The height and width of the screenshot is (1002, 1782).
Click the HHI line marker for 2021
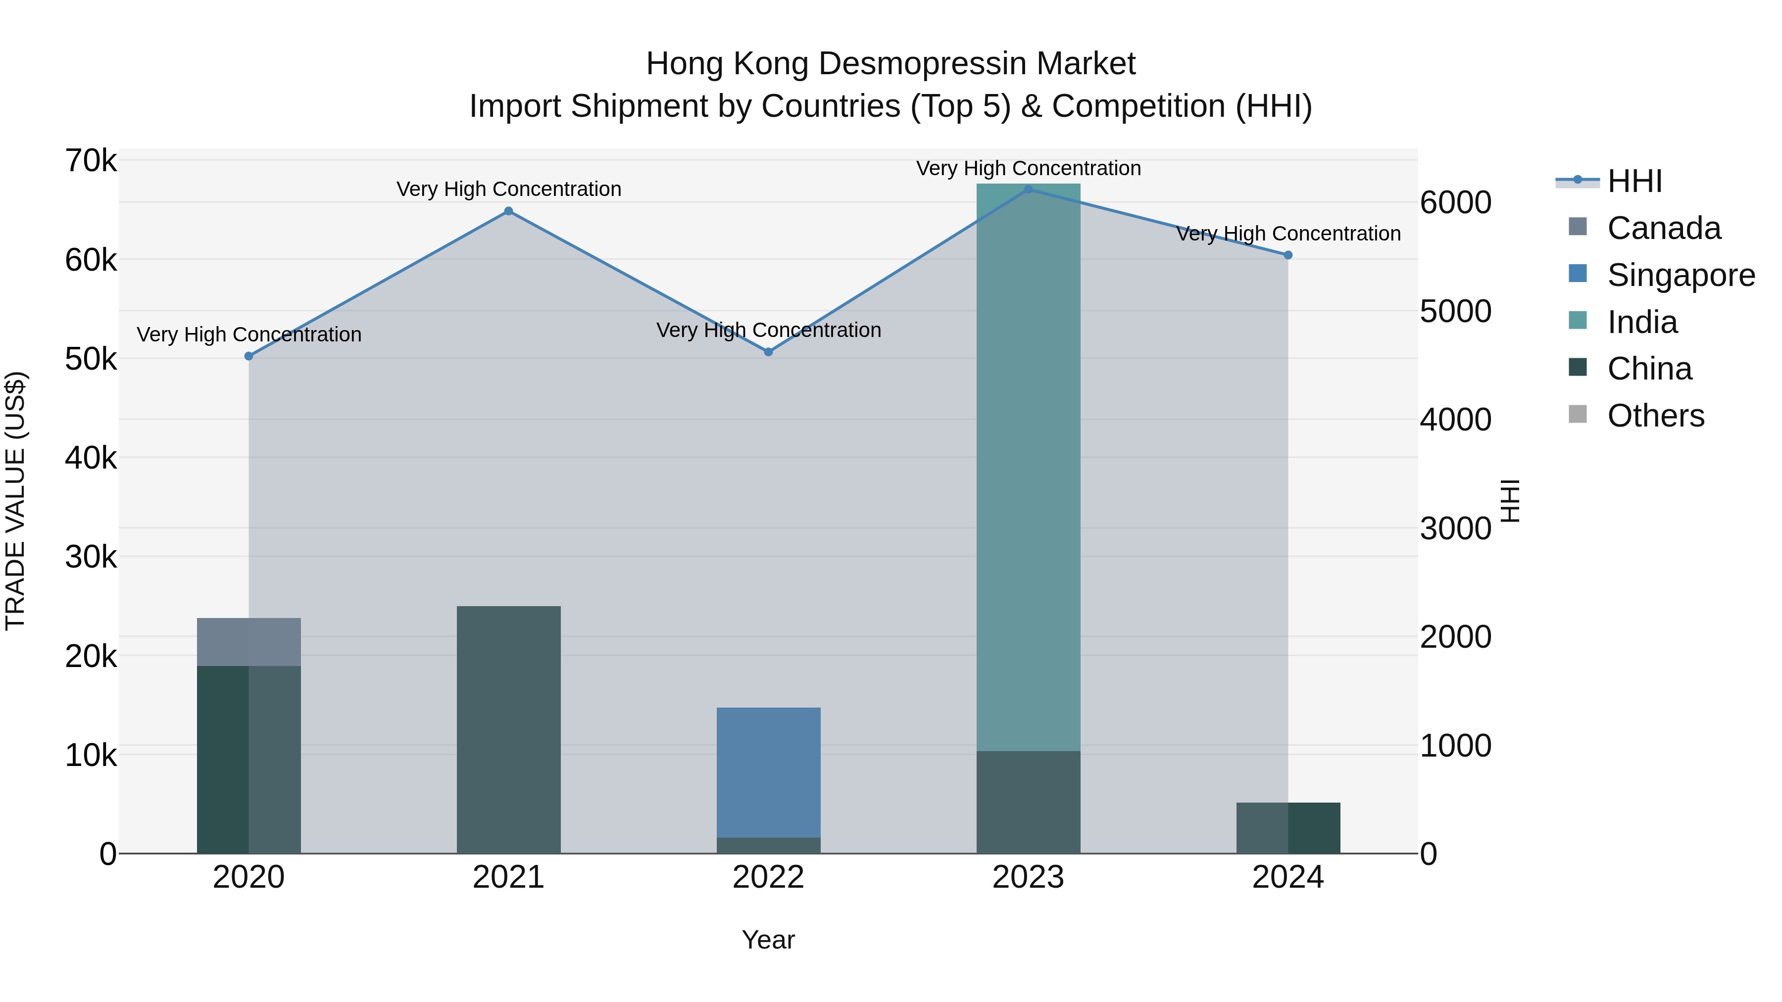click(x=508, y=211)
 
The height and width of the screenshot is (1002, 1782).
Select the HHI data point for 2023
click(x=1028, y=190)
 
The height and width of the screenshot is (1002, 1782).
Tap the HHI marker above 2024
click(x=1287, y=255)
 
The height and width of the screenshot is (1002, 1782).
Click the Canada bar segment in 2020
click(x=249, y=642)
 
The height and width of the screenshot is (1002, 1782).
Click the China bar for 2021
click(x=508, y=729)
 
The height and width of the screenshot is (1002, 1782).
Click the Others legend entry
click(x=1655, y=416)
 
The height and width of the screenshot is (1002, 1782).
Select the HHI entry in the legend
click(x=1634, y=181)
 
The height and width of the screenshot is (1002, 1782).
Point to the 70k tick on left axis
click(x=91, y=161)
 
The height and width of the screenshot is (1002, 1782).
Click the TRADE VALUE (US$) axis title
click(x=15, y=501)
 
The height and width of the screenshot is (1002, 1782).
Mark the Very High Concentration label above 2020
click(x=249, y=334)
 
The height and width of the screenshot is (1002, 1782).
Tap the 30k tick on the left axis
click(x=91, y=557)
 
